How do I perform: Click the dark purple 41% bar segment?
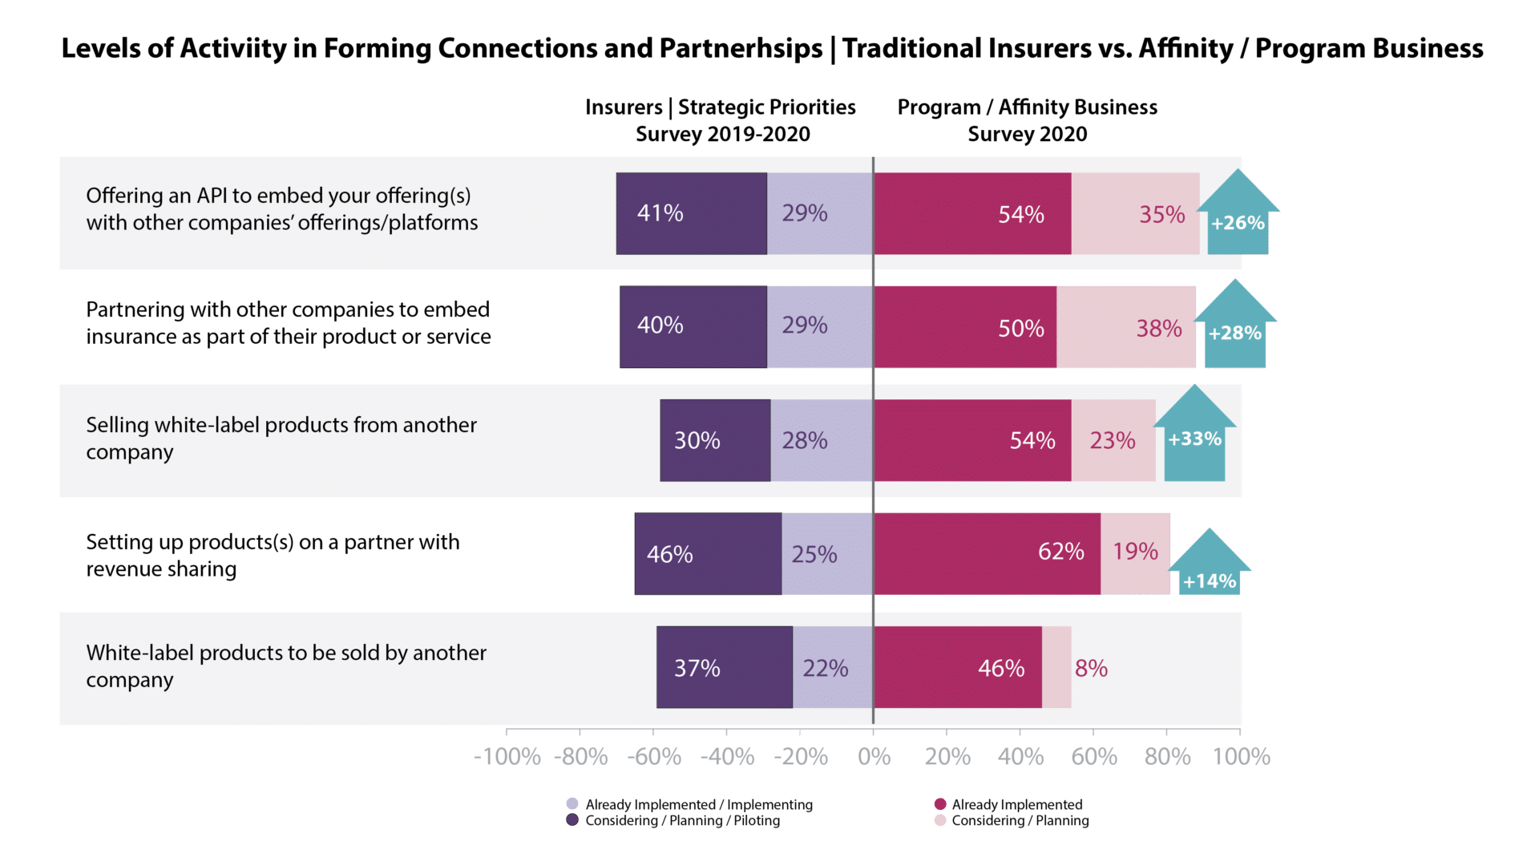pyautogui.click(x=691, y=213)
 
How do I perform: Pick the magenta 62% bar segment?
pyautogui.click(x=987, y=553)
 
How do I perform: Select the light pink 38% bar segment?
pyautogui.click(x=1126, y=327)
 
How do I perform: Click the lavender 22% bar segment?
pyautogui.click(x=832, y=667)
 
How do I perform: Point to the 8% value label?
pyautogui.click(x=1091, y=668)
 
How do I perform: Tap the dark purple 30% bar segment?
pyautogui.click(x=715, y=440)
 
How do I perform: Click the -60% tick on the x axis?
pyautogui.click(x=655, y=756)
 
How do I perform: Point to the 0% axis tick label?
pyautogui.click(x=874, y=756)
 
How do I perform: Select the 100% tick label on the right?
pyautogui.click(x=1241, y=756)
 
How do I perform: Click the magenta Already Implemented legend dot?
pyautogui.click(x=941, y=803)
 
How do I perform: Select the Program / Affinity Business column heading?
pyautogui.click(x=1027, y=120)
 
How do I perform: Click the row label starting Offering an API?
pyautogui.click(x=281, y=208)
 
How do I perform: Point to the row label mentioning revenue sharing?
pyautogui.click(x=273, y=555)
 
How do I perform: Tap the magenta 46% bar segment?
pyautogui.click(x=958, y=667)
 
